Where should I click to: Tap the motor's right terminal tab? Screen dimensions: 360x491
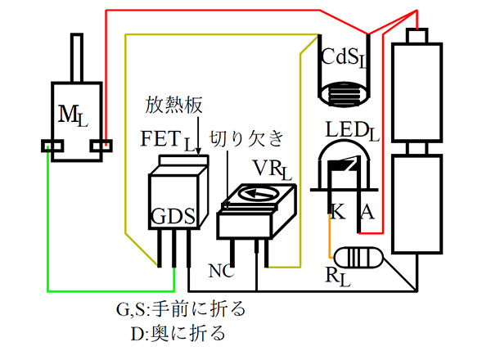pyautogui.click(x=103, y=147)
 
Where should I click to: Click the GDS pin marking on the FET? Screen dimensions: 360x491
pyautogui.click(x=172, y=218)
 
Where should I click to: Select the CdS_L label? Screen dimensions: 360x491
pyautogui.click(x=342, y=60)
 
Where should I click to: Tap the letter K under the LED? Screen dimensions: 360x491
pyautogui.click(x=335, y=214)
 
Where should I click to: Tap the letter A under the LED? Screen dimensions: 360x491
pyautogui.click(x=367, y=214)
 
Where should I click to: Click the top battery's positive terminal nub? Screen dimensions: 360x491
pyautogui.click(x=417, y=36)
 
